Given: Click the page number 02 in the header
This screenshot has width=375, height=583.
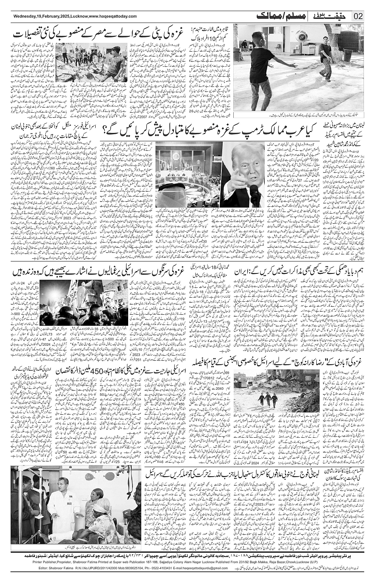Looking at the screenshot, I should tap(358, 16).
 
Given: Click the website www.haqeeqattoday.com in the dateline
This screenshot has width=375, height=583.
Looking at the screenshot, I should tap(112, 16).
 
